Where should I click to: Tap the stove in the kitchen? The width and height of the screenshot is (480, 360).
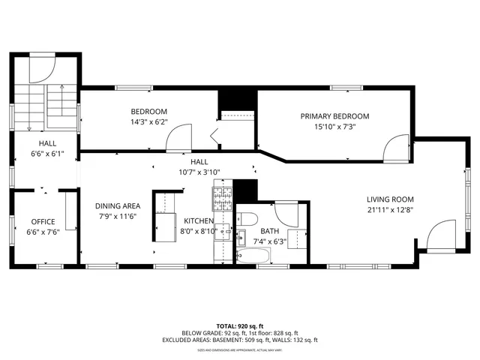point(223,198)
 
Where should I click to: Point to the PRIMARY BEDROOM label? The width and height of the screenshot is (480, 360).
point(335,116)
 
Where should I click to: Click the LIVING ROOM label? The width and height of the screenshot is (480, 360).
point(390,199)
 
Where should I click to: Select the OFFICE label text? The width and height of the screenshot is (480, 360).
point(43,222)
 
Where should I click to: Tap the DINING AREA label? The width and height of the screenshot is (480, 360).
point(117,206)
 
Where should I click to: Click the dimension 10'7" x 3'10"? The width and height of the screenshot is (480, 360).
point(199,172)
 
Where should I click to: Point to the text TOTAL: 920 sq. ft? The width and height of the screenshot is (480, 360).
point(239,325)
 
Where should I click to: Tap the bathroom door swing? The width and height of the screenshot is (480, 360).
point(288,214)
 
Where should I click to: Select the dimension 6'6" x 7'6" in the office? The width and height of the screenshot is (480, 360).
point(43,232)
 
